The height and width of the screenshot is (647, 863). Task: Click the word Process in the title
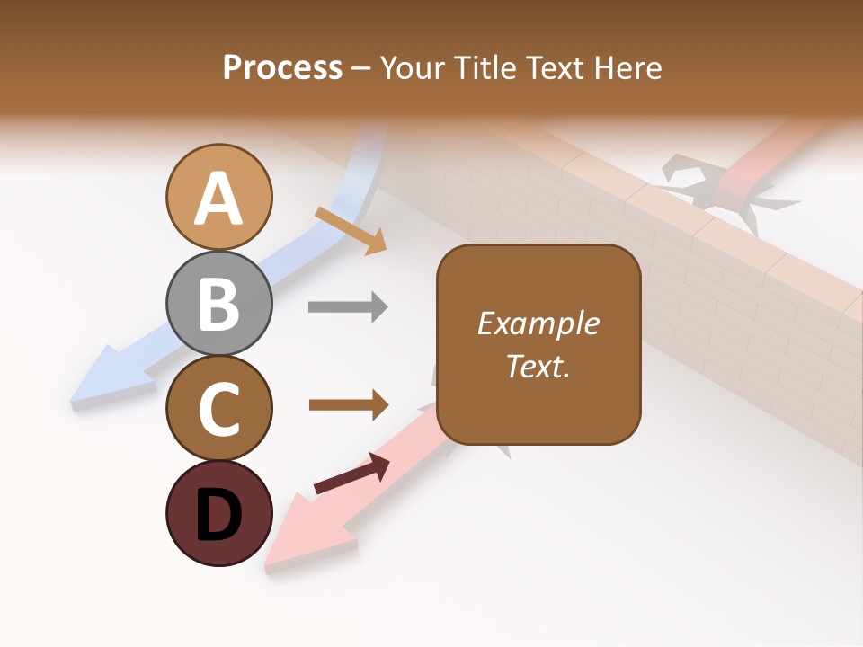tap(282, 68)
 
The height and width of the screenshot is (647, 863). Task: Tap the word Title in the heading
tap(482, 68)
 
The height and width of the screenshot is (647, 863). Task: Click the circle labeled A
tap(218, 198)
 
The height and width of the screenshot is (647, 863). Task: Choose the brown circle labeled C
tap(218, 408)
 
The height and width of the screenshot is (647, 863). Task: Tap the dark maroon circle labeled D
tap(218, 514)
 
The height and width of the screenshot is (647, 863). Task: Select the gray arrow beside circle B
tap(348, 307)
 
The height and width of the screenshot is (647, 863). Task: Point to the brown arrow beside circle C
tap(348, 404)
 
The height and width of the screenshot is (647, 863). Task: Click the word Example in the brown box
tap(538, 323)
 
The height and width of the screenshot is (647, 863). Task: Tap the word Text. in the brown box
tap(538, 367)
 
